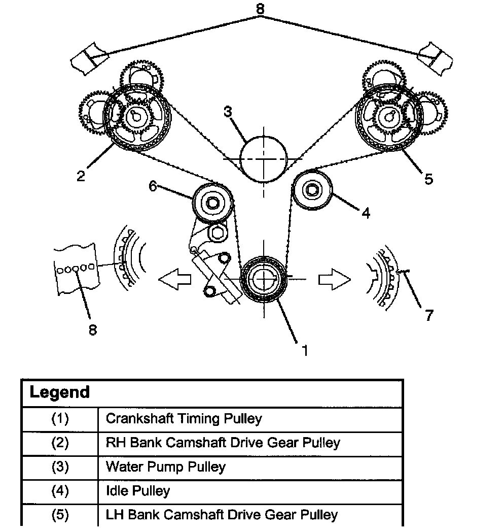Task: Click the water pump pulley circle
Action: pos(263,158)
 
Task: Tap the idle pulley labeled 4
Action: pos(312,191)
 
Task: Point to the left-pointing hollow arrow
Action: pos(174,279)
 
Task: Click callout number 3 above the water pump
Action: pos(228,112)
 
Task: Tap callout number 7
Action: pos(429,315)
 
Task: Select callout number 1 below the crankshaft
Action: pos(304,350)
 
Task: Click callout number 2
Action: pos(81,176)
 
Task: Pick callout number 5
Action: pos(428,179)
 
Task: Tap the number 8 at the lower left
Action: pos(92,330)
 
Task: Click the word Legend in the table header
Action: pos(60,392)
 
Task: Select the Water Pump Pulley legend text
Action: pos(165,467)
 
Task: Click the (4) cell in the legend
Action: pos(60,491)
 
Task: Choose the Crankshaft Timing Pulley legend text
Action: pos(184,419)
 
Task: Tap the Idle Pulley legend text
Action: pos(137,491)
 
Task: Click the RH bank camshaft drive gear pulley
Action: pos(137,117)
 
